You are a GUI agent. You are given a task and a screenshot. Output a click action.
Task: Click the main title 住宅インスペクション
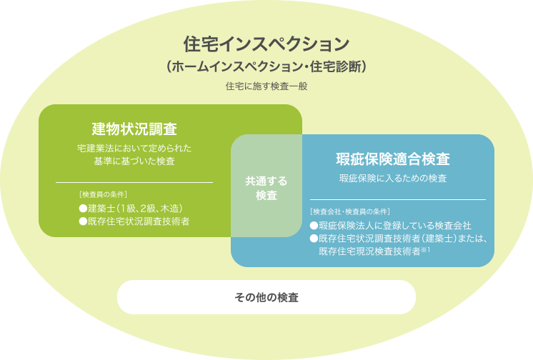[x=266, y=44]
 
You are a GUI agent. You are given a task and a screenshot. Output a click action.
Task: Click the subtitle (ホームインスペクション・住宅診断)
[x=266, y=66]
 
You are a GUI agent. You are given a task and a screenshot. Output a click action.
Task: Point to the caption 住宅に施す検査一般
[x=266, y=86]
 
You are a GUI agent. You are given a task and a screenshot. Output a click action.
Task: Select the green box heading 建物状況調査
[x=134, y=129]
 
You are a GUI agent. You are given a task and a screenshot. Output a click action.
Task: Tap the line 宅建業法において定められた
[x=134, y=149]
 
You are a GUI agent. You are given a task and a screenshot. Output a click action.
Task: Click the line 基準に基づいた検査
[x=134, y=161]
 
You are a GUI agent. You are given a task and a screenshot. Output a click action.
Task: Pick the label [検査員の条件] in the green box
[x=103, y=194]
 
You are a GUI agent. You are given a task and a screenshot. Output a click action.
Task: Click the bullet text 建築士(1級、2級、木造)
[x=131, y=208]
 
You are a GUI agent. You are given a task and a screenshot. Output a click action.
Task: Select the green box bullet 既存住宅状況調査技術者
[x=134, y=221]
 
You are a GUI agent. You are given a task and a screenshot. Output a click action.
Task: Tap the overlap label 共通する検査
[x=266, y=188]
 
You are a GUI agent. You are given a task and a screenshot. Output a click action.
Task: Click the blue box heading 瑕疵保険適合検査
[x=393, y=159]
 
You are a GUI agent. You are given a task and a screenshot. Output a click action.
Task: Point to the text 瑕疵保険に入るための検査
[x=393, y=178]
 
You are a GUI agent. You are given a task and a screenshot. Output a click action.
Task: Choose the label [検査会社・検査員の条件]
[x=350, y=211]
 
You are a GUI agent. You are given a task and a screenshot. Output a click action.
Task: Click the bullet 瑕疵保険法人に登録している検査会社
[x=391, y=226]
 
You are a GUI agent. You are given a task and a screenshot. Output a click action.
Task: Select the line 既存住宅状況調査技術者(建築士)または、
[x=399, y=239]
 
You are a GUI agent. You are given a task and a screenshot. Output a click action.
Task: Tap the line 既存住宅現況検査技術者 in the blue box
[x=370, y=251]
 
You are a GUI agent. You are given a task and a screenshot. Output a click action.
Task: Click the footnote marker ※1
[x=426, y=250]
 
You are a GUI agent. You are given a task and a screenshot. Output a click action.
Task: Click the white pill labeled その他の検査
[x=266, y=297]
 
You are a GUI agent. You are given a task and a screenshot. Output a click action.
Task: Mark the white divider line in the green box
[x=134, y=183]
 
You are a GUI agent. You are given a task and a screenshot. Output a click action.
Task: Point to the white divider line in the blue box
[x=398, y=199]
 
